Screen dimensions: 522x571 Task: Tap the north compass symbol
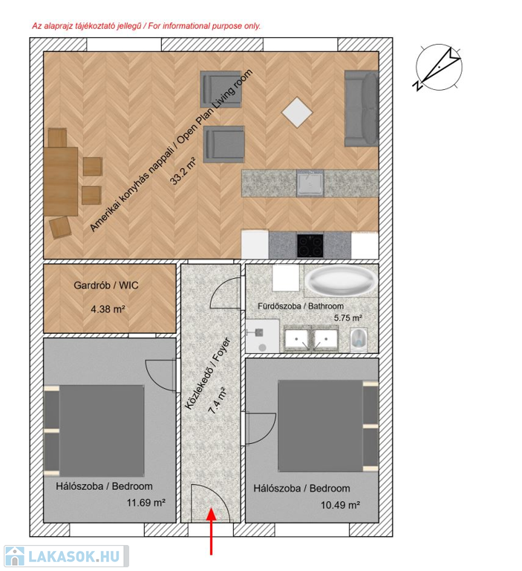coord(438,68)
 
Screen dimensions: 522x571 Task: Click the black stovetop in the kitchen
coord(310,245)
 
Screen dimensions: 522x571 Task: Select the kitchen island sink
coord(310,182)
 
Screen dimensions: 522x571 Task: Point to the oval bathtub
coord(341,280)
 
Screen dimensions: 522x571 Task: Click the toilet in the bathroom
coord(359,340)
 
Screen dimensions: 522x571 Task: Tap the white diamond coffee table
coord(297,112)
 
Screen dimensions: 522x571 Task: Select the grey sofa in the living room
coord(362,109)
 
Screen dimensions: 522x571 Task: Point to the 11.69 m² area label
coord(146,503)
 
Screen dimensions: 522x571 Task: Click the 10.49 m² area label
coord(340,505)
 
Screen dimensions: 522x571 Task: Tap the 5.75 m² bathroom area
coord(348,318)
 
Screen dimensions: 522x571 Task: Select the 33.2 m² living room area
coord(183,171)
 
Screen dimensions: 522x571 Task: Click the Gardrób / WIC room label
coord(106,285)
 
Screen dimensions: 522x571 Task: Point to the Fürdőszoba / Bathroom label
coord(301,306)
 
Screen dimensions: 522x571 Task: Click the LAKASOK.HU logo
coord(66,556)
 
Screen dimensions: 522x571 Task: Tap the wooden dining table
coord(61,181)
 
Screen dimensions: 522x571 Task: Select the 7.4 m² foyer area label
coord(217,400)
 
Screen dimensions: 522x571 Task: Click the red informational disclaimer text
coord(146,26)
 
